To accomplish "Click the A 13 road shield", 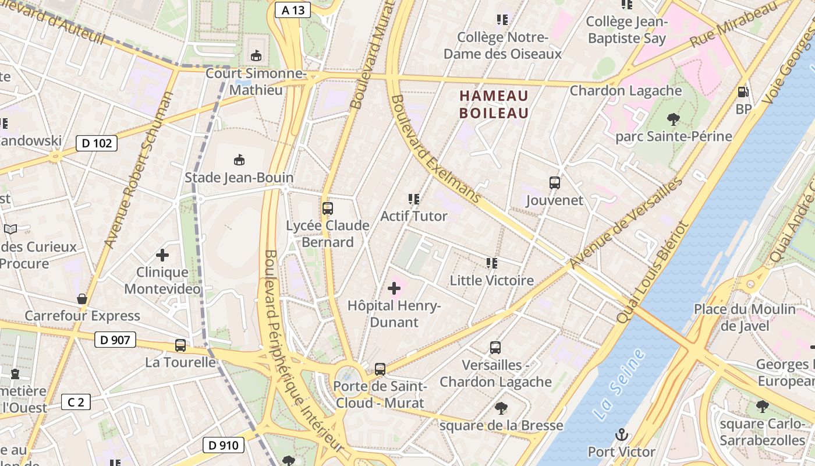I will pos(293,10).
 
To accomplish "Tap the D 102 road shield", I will pos(97,143).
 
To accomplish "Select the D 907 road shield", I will pos(115,340).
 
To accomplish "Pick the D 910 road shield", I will pos(223,446).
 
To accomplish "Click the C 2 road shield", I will pos(76,402).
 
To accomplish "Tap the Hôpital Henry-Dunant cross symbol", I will pos(394,288).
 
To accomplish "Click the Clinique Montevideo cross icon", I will pos(162,255).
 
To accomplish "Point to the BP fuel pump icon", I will pos(743,92).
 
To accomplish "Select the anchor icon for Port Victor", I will pos(622,435).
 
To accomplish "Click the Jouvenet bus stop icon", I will pos(555,183).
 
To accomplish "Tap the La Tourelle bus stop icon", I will pos(180,345).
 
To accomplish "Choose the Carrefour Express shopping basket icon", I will pos(82,299).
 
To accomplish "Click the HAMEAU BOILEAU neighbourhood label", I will pos(494,104).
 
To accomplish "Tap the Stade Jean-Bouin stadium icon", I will pos(239,160).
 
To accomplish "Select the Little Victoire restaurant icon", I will pos(492,263).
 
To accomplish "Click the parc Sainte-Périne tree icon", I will pos(674,119).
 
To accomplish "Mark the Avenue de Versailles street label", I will pos(625,224).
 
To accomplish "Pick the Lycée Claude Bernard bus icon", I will pos(328,208).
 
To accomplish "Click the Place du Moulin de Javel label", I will pos(745,317).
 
